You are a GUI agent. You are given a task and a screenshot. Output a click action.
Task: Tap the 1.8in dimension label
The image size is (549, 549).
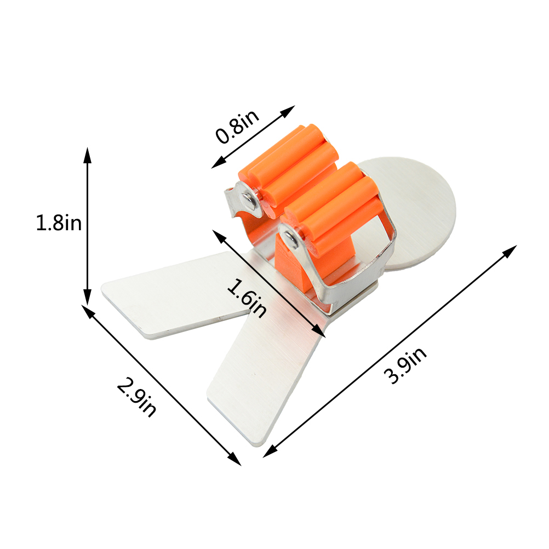[59, 222]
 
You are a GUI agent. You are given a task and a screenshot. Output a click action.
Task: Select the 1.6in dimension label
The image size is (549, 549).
[247, 298]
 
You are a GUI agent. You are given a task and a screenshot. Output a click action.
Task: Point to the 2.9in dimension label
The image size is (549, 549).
[136, 397]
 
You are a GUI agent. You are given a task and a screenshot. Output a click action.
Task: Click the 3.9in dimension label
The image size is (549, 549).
[405, 365]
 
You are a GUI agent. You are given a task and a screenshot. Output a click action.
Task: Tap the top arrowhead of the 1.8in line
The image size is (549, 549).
[88, 155]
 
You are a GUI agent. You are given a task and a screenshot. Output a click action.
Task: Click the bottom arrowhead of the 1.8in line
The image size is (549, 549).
[88, 297]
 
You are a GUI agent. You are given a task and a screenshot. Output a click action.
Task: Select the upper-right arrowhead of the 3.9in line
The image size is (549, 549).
[510, 251]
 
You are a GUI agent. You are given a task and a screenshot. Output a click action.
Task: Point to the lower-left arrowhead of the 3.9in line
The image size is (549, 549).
[270, 451]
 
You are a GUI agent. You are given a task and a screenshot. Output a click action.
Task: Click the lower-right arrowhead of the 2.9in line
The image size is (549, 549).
[235, 459]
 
